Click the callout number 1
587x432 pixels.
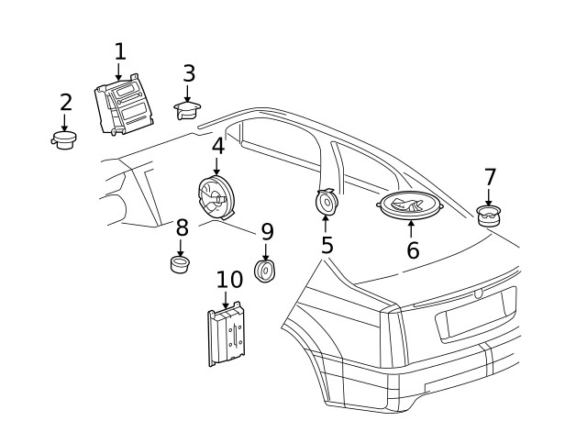[x=119, y=51]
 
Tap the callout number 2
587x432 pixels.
[x=65, y=103]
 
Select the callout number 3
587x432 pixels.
[x=188, y=73]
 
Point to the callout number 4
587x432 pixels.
[x=217, y=146]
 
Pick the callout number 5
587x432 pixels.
[x=327, y=245]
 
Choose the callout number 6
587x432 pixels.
[x=413, y=249]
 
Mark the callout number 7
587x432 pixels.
[x=490, y=177]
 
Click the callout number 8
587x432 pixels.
[x=182, y=227]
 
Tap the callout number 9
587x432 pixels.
[x=267, y=231]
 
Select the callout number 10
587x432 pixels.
[x=229, y=280]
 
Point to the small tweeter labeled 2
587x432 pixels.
[x=64, y=140]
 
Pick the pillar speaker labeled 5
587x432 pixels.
[x=326, y=201]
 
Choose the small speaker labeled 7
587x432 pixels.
[x=489, y=216]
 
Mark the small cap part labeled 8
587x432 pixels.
[x=181, y=265]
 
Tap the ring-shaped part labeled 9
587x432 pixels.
[x=266, y=271]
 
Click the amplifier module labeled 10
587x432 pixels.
[x=227, y=335]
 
